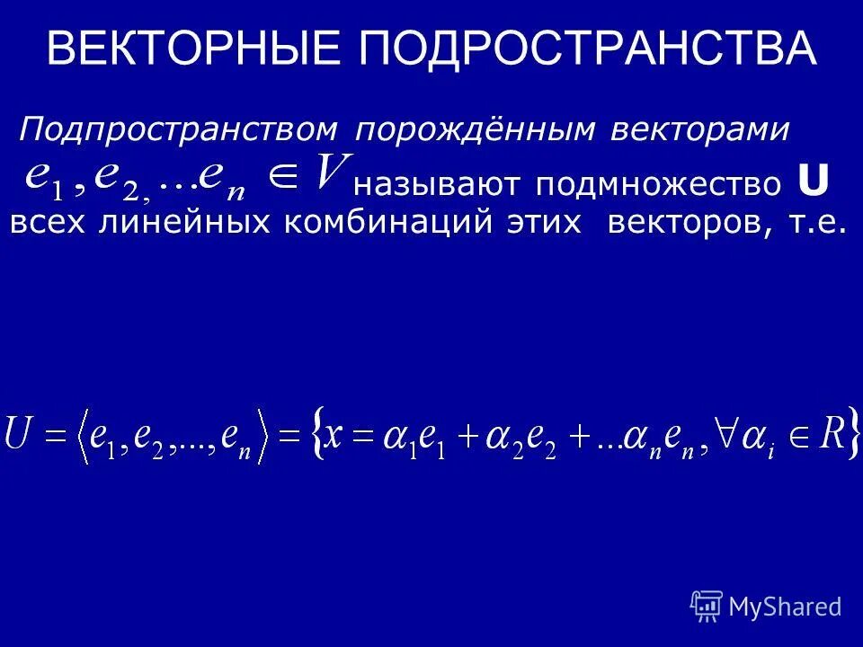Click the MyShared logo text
(x=785, y=607)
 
